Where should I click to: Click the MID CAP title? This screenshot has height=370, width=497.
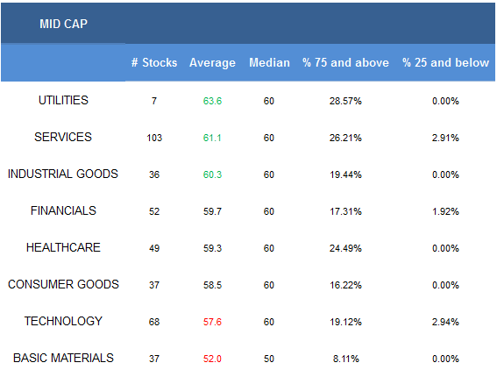tap(63, 24)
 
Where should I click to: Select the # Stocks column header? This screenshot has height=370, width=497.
tap(154, 62)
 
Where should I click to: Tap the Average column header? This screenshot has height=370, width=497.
tap(212, 63)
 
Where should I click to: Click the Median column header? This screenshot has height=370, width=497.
tap(269, 62)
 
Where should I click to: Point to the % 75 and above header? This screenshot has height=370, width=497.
tap(345, 62)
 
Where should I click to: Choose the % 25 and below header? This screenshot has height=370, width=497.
tap(445, 62)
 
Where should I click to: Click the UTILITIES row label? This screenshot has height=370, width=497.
tap(63, 100)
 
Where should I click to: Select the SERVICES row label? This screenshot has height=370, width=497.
tap(63, 137)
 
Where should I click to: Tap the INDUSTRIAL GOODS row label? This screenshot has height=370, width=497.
tap(63, 174)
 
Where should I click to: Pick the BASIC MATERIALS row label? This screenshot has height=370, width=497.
tap(63, 358)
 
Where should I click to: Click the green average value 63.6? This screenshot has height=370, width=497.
tap(212, 101)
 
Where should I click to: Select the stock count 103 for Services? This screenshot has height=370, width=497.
tap(154, 138)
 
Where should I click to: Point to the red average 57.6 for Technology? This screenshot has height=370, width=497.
tap(212, 322)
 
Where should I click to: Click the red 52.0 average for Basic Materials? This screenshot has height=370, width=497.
tap(212, 359)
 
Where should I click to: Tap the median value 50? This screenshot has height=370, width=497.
tap(269, 359)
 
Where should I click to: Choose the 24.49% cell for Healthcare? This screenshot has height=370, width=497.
tap(345, 248)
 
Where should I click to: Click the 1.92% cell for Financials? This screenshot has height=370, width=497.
tap(445, 211)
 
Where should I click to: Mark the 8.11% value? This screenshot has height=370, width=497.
tap(346, 359)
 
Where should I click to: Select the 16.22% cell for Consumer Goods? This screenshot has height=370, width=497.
tap(345, 285)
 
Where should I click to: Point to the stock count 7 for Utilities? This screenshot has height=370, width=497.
tap(154, 101)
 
